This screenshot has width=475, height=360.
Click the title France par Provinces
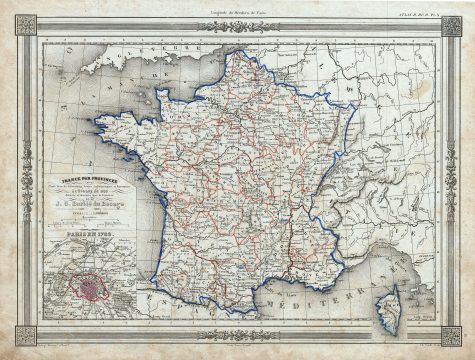click(88, 155)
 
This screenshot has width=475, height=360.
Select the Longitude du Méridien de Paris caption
click(240, 9)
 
